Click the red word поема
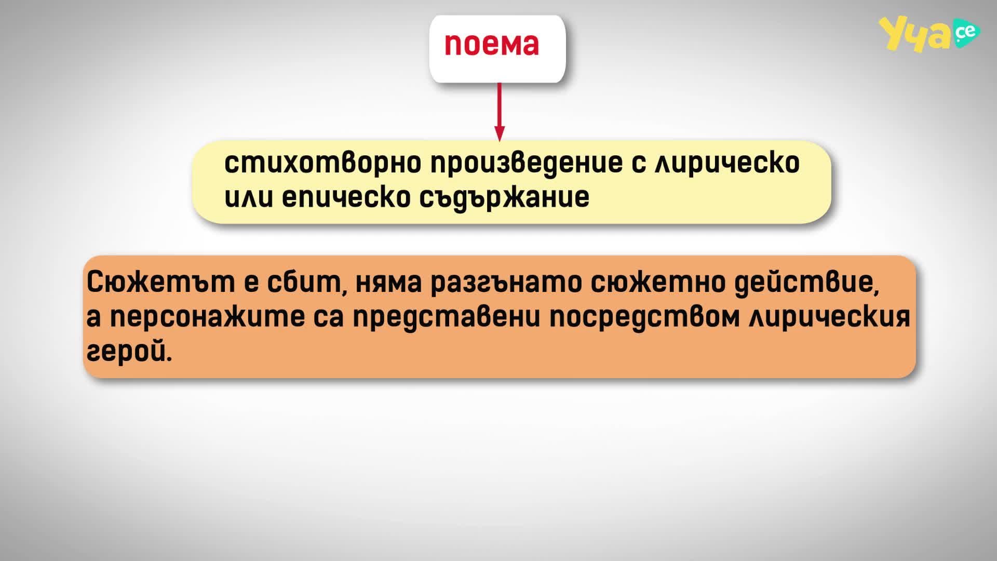(x=492, y=45)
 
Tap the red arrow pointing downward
(x=500, y=112)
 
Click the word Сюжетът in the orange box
(x=159, y=283)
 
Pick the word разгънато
(x=506, y=284)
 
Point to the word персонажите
(x=207, y=318)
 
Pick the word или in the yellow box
(x=248, y=198)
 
